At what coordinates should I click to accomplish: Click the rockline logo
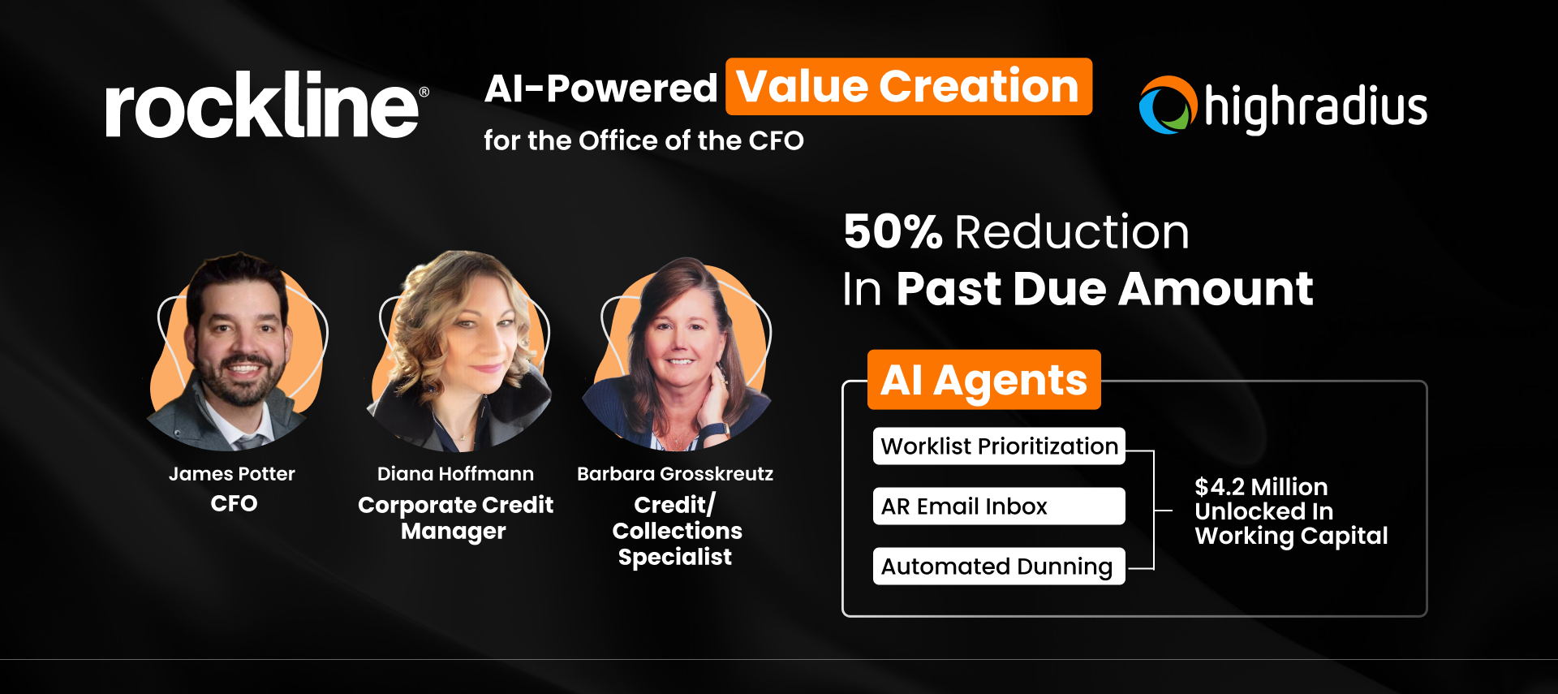[x=262, y=106]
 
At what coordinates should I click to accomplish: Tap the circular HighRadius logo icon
[x=1168, y=106]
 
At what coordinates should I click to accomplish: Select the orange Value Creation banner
[x=908, y=87]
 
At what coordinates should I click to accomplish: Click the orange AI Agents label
[x=983, y=380]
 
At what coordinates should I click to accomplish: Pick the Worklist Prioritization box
[x=999, y=446]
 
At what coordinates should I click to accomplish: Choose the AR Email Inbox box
[x=999, y=506]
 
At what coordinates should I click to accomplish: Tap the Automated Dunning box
[x=999, y=567]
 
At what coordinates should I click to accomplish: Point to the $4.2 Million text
[x=1261, y=487]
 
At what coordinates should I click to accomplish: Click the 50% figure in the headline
[x=893, y=232]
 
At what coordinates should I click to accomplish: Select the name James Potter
[x=232, y=474]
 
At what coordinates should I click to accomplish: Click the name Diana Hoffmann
[x=455, y=474]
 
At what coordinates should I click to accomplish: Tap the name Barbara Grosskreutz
[x=675, y=474]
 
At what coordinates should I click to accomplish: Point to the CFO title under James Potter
[x=234, y=504]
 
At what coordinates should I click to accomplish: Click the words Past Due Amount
[x=1104, y=289]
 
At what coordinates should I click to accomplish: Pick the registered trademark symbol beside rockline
[x=424, y=93]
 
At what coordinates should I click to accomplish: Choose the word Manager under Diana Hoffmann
[x=453, y=532]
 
